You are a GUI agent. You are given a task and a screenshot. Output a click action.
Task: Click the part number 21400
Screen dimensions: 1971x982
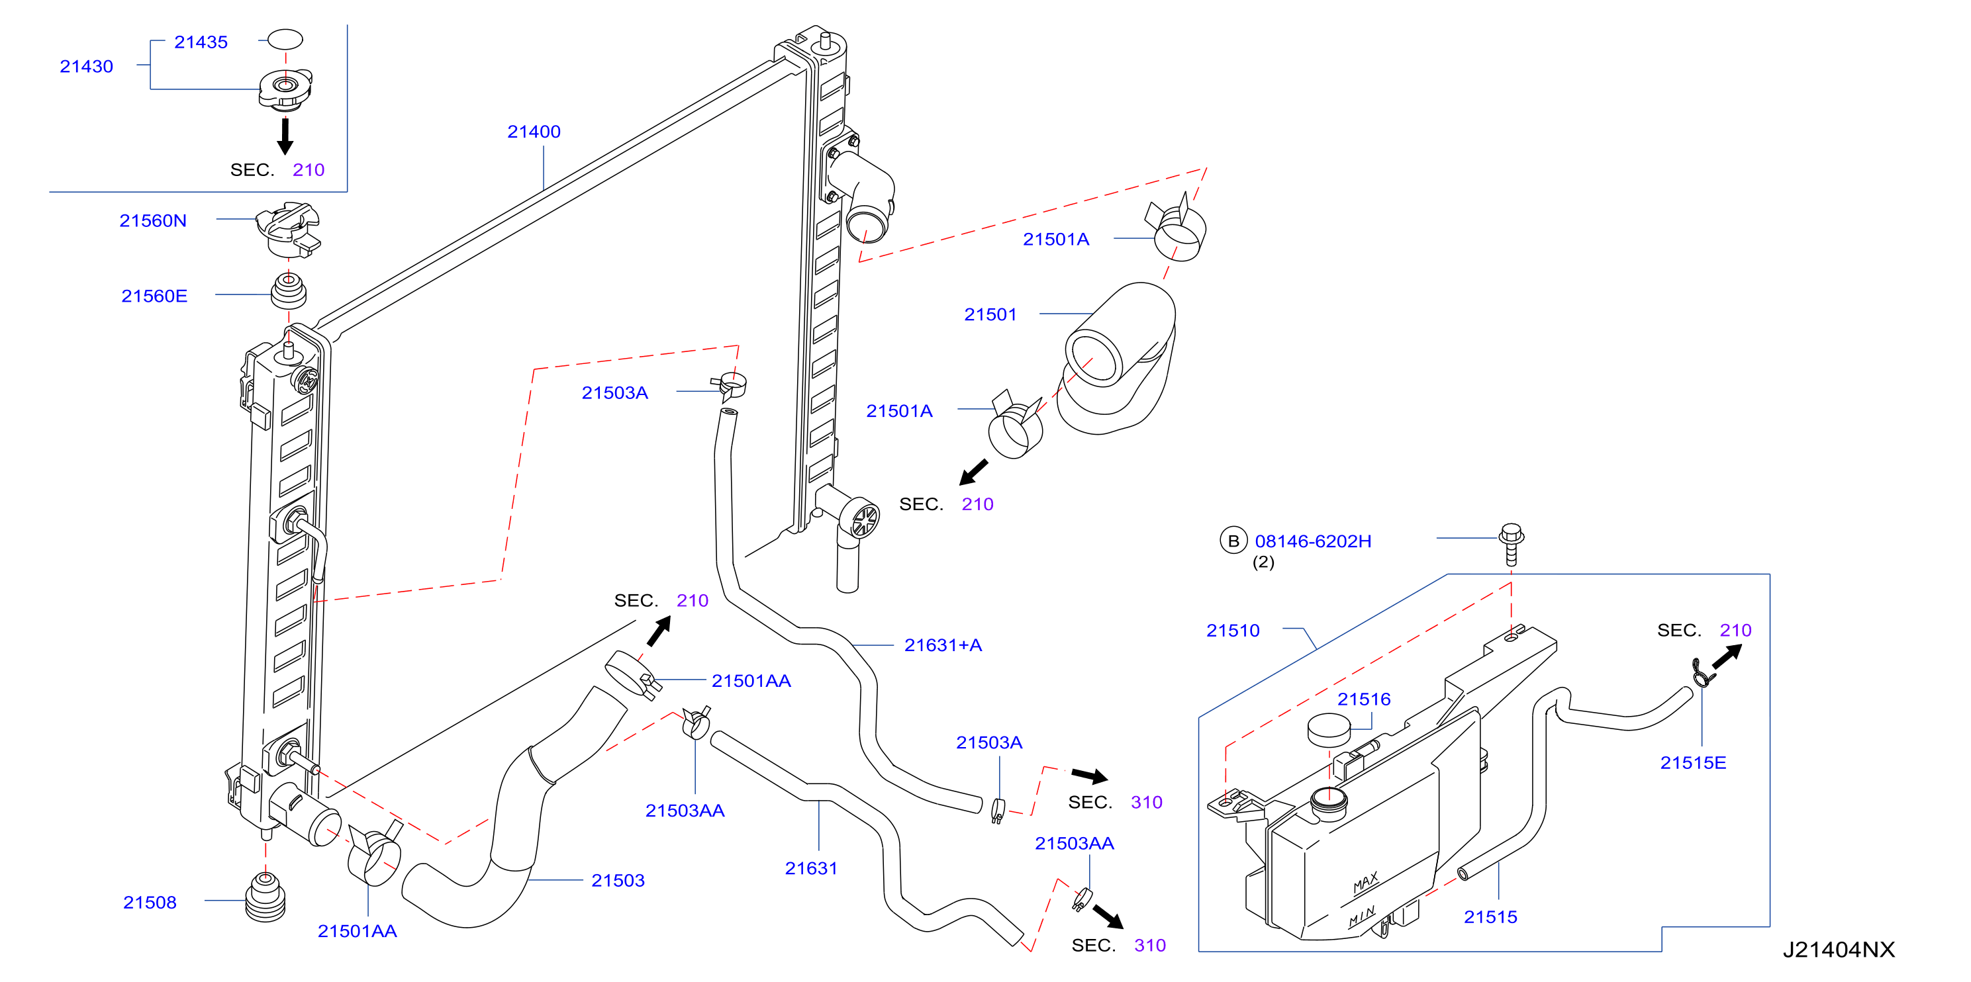[x=534, y=132]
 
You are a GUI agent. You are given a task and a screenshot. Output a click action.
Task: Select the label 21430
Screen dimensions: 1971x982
[x=87, y=67]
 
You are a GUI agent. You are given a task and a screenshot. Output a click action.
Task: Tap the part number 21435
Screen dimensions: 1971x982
[x=201, y=42]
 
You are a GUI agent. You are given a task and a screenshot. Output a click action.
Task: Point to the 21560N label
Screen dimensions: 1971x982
[x=153, y=220]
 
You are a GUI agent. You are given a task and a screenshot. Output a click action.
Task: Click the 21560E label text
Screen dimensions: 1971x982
[x=154, y=296]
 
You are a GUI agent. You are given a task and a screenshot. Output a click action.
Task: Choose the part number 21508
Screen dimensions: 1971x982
[x=150, y=903]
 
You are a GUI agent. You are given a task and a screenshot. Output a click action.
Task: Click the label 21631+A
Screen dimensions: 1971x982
[x=943, y=645]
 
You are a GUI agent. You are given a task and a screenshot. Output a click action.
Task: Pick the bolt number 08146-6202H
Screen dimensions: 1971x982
[x=1313, y=541]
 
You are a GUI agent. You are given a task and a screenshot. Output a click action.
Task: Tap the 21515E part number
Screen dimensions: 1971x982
[x=1692, y=762]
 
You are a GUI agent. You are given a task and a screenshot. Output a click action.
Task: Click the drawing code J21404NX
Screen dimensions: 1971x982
[x=1839, y=950]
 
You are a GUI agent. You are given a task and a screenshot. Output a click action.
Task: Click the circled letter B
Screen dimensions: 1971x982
[x=1233, y=541]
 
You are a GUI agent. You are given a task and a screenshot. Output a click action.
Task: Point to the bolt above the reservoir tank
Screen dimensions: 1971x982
[x=1511, y=544]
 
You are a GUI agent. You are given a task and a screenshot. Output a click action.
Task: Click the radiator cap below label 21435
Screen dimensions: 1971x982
[x=285, y=89]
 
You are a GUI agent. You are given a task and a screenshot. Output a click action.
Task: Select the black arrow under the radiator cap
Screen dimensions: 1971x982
[x=285, y=136]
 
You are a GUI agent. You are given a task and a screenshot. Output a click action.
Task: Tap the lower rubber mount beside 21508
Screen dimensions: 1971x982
[x=265, y=897]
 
